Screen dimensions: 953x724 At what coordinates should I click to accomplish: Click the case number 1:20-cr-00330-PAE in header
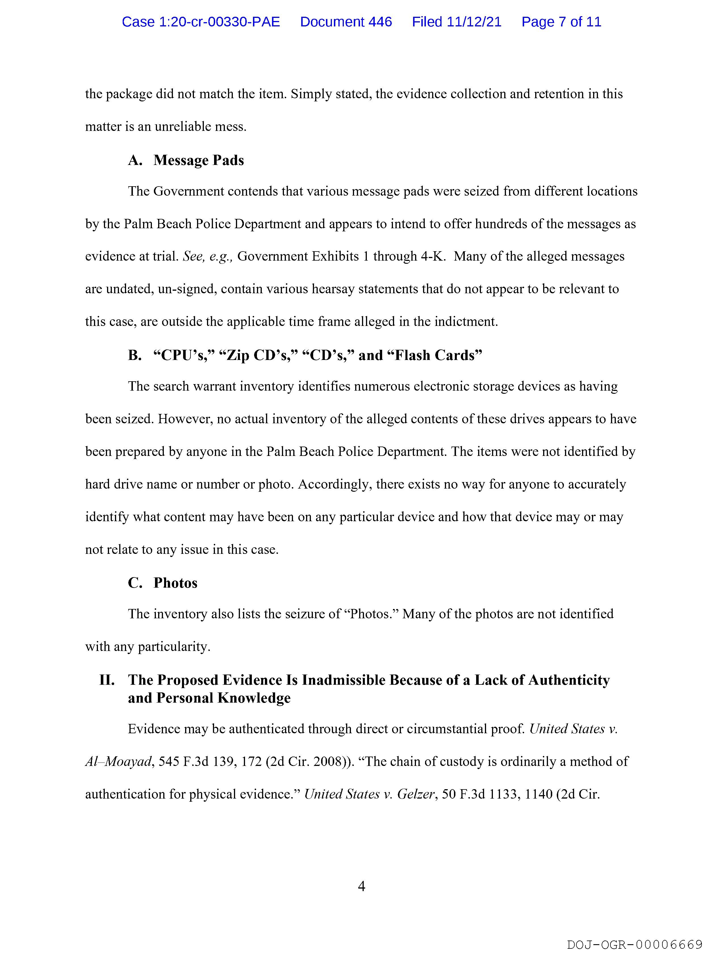click(x=200, y=22)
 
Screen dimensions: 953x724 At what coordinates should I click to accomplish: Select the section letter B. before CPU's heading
click(x=135, y=355)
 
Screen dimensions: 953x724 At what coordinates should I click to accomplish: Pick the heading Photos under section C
click(x=175, y=583)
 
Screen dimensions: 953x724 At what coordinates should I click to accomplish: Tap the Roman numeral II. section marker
click(x=107, y=680)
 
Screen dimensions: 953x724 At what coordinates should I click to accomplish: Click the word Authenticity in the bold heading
click(x=569, y=680)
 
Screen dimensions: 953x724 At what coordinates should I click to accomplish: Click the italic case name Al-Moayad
click(x=118, y=761)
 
